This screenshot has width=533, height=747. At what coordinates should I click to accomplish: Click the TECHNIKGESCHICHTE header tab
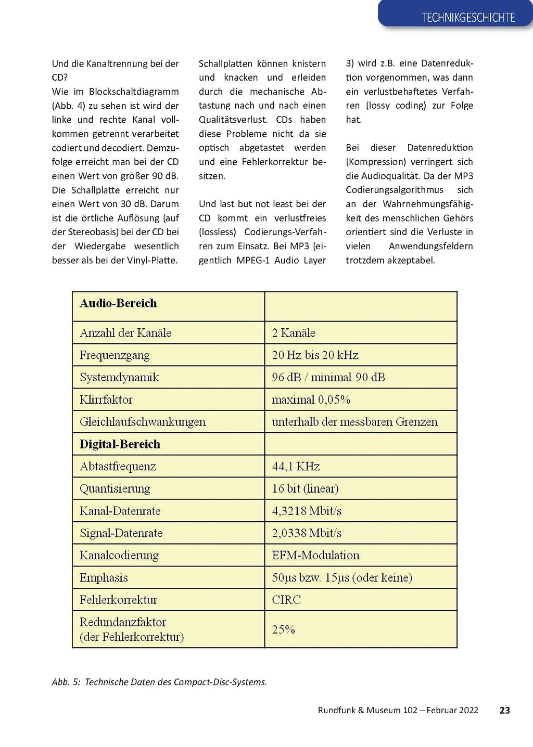(x=467, y=18)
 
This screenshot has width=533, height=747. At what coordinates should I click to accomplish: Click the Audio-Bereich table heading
(x=118, y=303)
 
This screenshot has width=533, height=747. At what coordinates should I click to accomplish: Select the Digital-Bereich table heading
(x=120, y=444)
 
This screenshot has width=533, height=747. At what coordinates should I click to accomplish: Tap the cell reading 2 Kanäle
(x=294, y=333)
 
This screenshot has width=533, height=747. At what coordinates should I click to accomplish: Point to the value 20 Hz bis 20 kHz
(x=315, y=355)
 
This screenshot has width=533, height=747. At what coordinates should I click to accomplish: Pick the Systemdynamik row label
(x=119, y=378)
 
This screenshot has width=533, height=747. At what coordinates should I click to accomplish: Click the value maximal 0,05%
(x=311, y=400)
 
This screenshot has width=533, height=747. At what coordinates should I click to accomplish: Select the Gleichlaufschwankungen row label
(x=143, y=422)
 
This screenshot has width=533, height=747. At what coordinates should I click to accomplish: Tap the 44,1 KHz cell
(x=296, y=467)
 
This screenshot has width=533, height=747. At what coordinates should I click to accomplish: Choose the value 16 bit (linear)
(x=305, y=489)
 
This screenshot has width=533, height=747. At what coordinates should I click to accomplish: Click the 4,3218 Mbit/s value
(x=307, y=511)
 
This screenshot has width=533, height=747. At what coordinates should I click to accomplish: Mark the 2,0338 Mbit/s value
(x=307, y=533)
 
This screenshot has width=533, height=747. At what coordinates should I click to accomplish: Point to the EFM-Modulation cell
(x=315, y=556)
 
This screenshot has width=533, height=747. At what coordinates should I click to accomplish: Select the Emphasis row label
(x=104, y=578)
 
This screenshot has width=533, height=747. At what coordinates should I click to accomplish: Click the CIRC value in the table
(x=286, y=600)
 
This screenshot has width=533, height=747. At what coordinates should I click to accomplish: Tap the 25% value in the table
(x=283, y=629)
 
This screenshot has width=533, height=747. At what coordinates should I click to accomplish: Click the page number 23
(x=504, y=711)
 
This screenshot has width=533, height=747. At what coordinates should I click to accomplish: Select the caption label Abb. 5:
(x=66, y=682)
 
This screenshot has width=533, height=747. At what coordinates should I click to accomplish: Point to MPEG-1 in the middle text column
(x=253, y=260)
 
